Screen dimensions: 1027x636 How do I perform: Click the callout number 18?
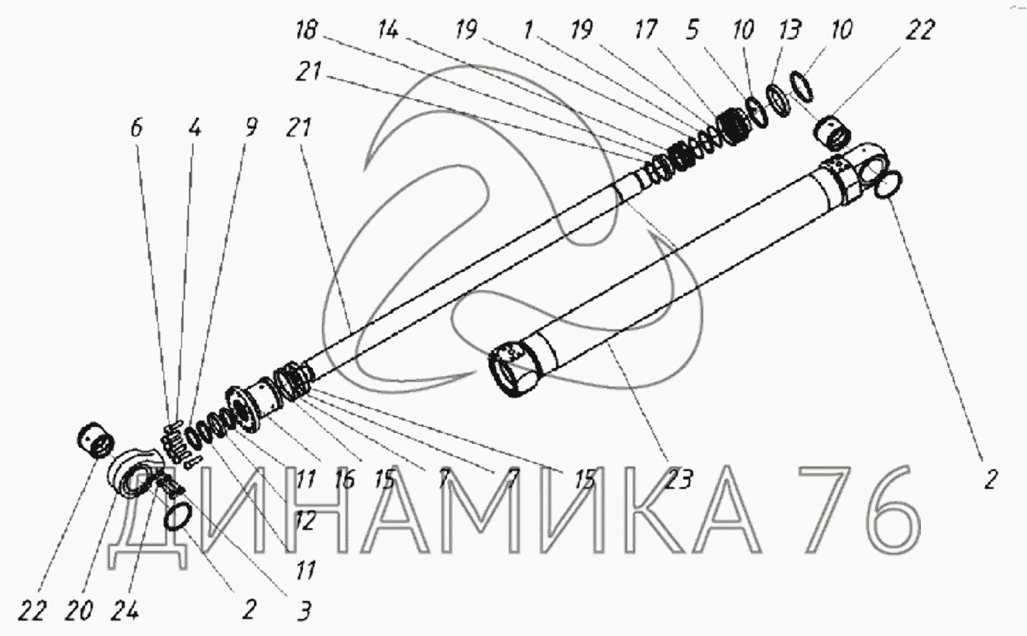306,31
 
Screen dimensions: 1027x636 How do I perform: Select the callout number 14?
388,31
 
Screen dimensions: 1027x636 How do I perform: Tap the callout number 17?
646,30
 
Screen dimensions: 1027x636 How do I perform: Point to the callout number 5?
692,29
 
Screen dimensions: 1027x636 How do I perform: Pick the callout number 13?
789,29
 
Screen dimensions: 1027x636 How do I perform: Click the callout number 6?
136,128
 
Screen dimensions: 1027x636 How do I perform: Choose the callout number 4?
195,128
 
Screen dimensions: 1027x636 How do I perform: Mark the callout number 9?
251,127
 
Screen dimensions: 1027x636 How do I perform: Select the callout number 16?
345,480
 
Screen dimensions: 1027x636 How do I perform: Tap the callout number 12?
306,520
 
